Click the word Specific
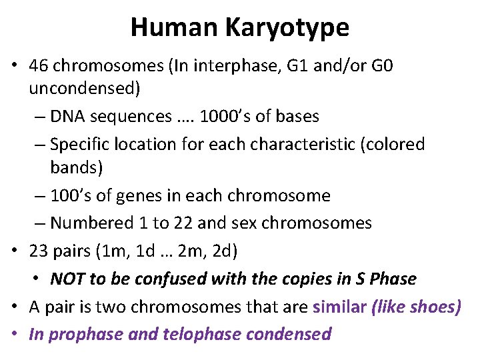(x=79, y=144)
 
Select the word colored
(x=391, y=144)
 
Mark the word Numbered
(x=86, y=223)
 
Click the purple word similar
(x=338, y=306)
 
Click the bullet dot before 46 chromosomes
(x=16, y=67)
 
